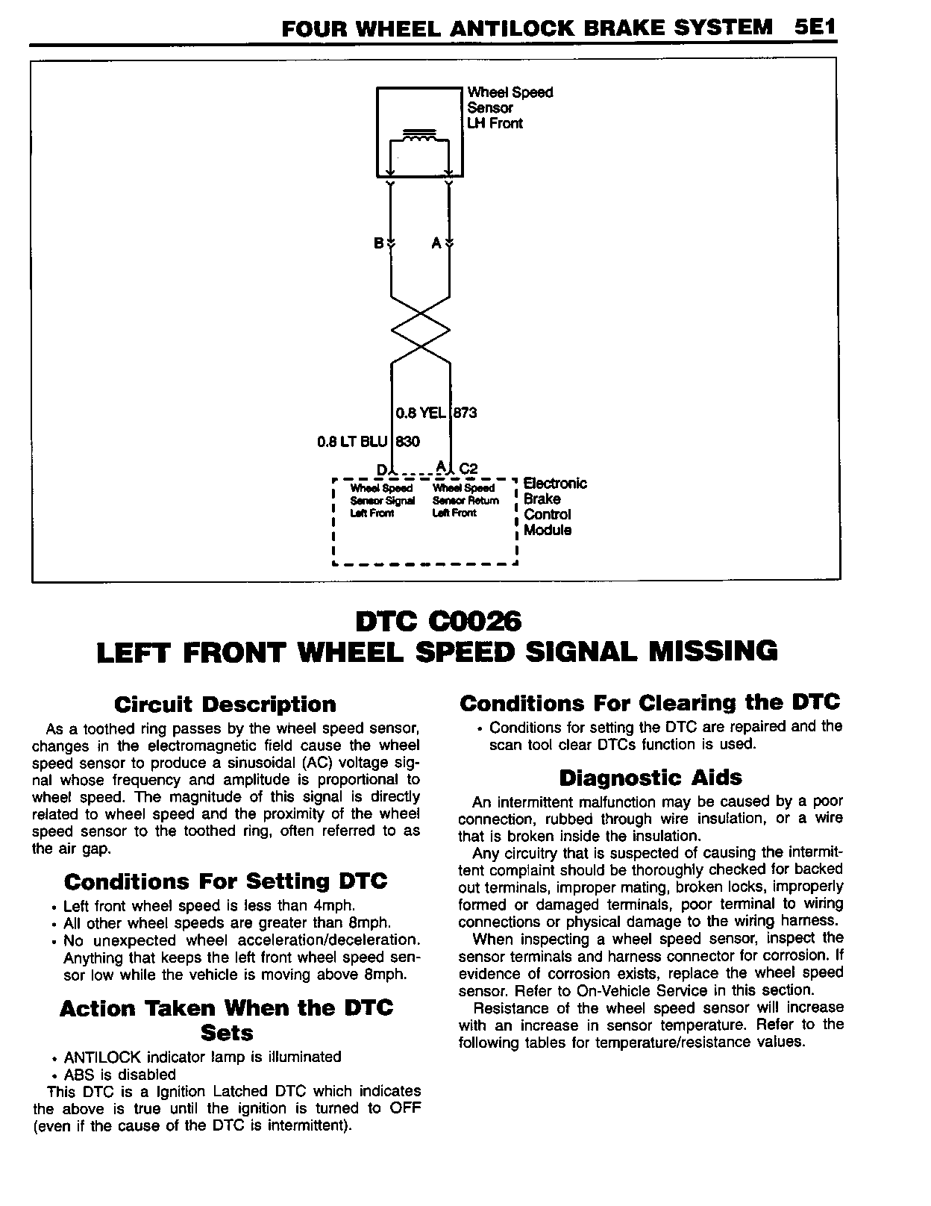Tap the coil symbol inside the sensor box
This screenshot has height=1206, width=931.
[x=419, y=137]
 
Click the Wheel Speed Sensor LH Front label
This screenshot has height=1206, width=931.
[x=510, y=107]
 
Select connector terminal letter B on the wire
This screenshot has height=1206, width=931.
[x=378, y=243]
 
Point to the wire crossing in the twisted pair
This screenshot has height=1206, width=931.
[x=421, y=329]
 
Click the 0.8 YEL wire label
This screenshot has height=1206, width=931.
[x=420, y=413]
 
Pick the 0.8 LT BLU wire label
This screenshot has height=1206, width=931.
[x=352, y=442]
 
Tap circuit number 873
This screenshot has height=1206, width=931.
[x=465, y=413]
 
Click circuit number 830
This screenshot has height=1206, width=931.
[x=407, y=442]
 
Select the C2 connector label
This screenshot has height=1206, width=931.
[x=468, y=469]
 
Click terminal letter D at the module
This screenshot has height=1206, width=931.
[x=381, y=469]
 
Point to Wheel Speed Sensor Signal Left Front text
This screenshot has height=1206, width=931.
[x=382, y=500]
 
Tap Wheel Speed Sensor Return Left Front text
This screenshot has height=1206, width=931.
[x=465, y=500]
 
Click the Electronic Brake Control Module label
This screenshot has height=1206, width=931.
[x=554, y=507]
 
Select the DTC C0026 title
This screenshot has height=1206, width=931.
[x=438, y=621]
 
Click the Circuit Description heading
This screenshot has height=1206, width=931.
[x=225, y=704]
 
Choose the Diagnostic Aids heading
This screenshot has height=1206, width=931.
[x=651, y=778]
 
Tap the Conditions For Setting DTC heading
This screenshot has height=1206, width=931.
[x=225, y=881]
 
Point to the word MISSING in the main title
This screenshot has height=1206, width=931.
[x=712, y=651]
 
